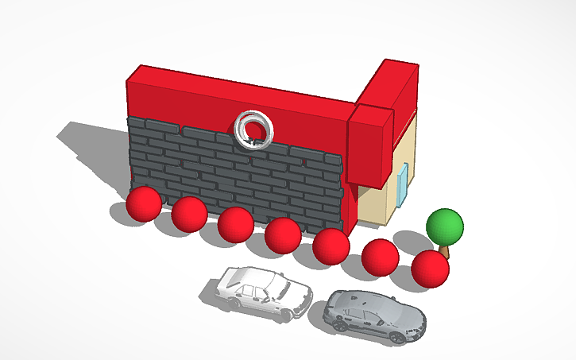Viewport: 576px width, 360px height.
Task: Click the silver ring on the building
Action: pyautogui.click(x=254, y=129)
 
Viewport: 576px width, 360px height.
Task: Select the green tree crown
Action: pyautogui.click(x=444, y=226)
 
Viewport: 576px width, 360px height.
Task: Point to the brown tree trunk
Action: pyautogui.click(x=445, y=250)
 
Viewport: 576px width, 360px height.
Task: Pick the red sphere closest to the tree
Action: pyautogui.click(x=430, y=268)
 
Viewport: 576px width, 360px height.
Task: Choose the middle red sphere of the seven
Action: pyautogui.click(x=283, y=234)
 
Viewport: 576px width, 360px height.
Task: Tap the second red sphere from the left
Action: pyautogui.click(x=189, y=214)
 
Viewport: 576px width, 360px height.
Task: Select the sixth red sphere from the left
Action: pyautogui.click(x=380, y=257)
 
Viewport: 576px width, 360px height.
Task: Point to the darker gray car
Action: pyautogui.click(x=374, y=315)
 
